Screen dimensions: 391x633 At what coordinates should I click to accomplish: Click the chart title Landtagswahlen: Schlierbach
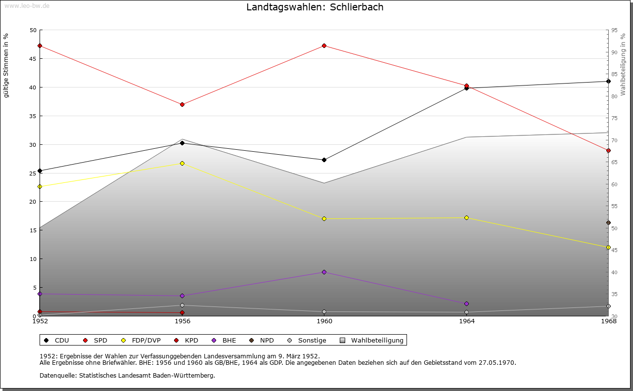tap(315, 7)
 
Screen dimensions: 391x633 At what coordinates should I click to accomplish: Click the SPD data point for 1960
tap(324, 45)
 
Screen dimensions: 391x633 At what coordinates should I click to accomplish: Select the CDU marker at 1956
tap(182, 143)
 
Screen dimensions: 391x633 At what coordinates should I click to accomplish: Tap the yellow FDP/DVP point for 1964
tap(466, 217)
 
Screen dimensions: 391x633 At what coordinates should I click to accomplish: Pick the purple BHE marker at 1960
tap(324, 272)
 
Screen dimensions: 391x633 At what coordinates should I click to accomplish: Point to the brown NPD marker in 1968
tap(608, 222)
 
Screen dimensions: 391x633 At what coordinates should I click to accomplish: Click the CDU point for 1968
tap(608, 81)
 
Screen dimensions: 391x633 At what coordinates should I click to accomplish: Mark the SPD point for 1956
tap(182, 104)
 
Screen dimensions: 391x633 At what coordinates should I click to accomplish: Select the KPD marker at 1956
tap(182, 312)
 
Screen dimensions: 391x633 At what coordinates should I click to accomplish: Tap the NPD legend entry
tap(267, 340)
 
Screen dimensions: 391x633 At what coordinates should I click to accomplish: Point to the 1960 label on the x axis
tap(324, 321)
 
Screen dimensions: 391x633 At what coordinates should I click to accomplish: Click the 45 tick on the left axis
tap(33, 59)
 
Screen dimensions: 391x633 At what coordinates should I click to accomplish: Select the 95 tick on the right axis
tap(614, 30)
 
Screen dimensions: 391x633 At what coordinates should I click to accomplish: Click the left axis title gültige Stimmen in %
tap(6, 65)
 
